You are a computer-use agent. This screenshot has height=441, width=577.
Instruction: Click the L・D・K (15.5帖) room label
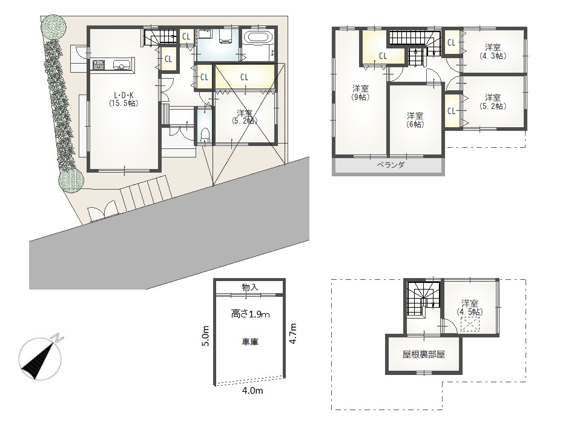(124, 99)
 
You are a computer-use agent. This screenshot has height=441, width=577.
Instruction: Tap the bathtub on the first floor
(258, 38)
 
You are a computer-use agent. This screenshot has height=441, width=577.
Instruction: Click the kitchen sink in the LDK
(121, 66)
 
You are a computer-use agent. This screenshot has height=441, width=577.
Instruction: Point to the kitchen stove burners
(98, 65)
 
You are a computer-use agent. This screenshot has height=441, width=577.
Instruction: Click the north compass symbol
(41, 357)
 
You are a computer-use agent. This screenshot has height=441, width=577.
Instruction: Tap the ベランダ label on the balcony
(390, 165)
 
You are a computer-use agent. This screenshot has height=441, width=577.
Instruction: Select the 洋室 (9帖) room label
(361, 93)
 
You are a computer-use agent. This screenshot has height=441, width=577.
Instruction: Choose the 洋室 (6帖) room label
(415, 120)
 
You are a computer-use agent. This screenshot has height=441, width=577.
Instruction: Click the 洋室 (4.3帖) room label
(492, 51)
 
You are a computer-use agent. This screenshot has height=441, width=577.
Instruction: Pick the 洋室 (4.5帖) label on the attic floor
(470, 308)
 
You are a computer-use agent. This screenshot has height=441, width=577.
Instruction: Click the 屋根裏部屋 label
(424, 354)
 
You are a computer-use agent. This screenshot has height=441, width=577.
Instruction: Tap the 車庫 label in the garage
(250, 342)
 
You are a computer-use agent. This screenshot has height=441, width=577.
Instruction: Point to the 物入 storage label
(250, 287)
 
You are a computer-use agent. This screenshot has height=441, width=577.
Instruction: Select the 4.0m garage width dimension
(252, 391)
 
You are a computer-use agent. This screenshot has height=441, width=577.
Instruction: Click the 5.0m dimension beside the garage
(206, 336)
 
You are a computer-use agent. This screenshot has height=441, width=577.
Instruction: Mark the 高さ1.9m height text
(250, 314)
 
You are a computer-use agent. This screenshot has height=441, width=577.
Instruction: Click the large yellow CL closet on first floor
(245, 77)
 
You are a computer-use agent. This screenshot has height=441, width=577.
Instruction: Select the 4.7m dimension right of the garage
(292, 334)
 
